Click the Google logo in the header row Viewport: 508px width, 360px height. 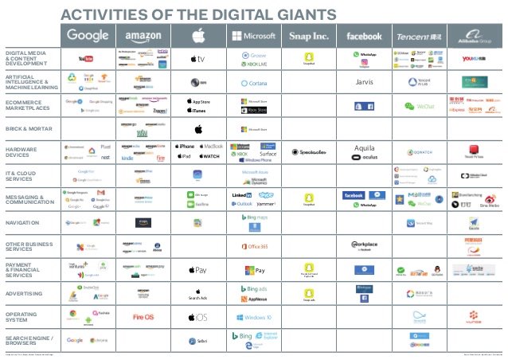pos(88,35)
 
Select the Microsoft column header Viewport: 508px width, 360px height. pos(252,35)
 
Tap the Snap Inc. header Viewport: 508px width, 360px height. pos(307,35)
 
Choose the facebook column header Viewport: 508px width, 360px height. pos(364,36)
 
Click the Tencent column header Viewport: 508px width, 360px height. pos(420,36)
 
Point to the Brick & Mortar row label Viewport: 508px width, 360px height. pos(29,128)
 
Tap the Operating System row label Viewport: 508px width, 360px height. pos(23,317)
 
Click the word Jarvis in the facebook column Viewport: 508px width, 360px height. pos(365,81)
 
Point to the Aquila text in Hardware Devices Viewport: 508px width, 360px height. pos(364,148)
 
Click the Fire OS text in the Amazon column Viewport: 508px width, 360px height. pos(143,317)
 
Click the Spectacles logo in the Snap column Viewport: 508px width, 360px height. pos(308,152)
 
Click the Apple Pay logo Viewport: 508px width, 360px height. pos(197,271)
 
